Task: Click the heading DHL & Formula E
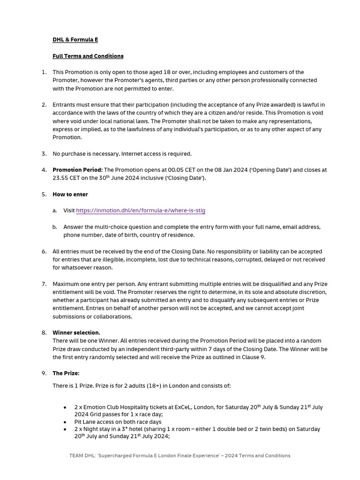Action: coord(75,40)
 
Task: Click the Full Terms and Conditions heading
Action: coord(88,56)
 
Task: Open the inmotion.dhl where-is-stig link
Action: coord(141,211)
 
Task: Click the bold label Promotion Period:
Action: coord(77,170)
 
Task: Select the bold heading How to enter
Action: coord(70,195)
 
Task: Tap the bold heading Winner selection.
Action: coord(76,333)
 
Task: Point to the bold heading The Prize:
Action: coord(66,374)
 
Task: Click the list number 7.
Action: coord(44,284)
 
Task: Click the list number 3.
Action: coord(44,154)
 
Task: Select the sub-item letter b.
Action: coord(55,227)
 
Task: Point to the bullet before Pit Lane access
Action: coord(65,422)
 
